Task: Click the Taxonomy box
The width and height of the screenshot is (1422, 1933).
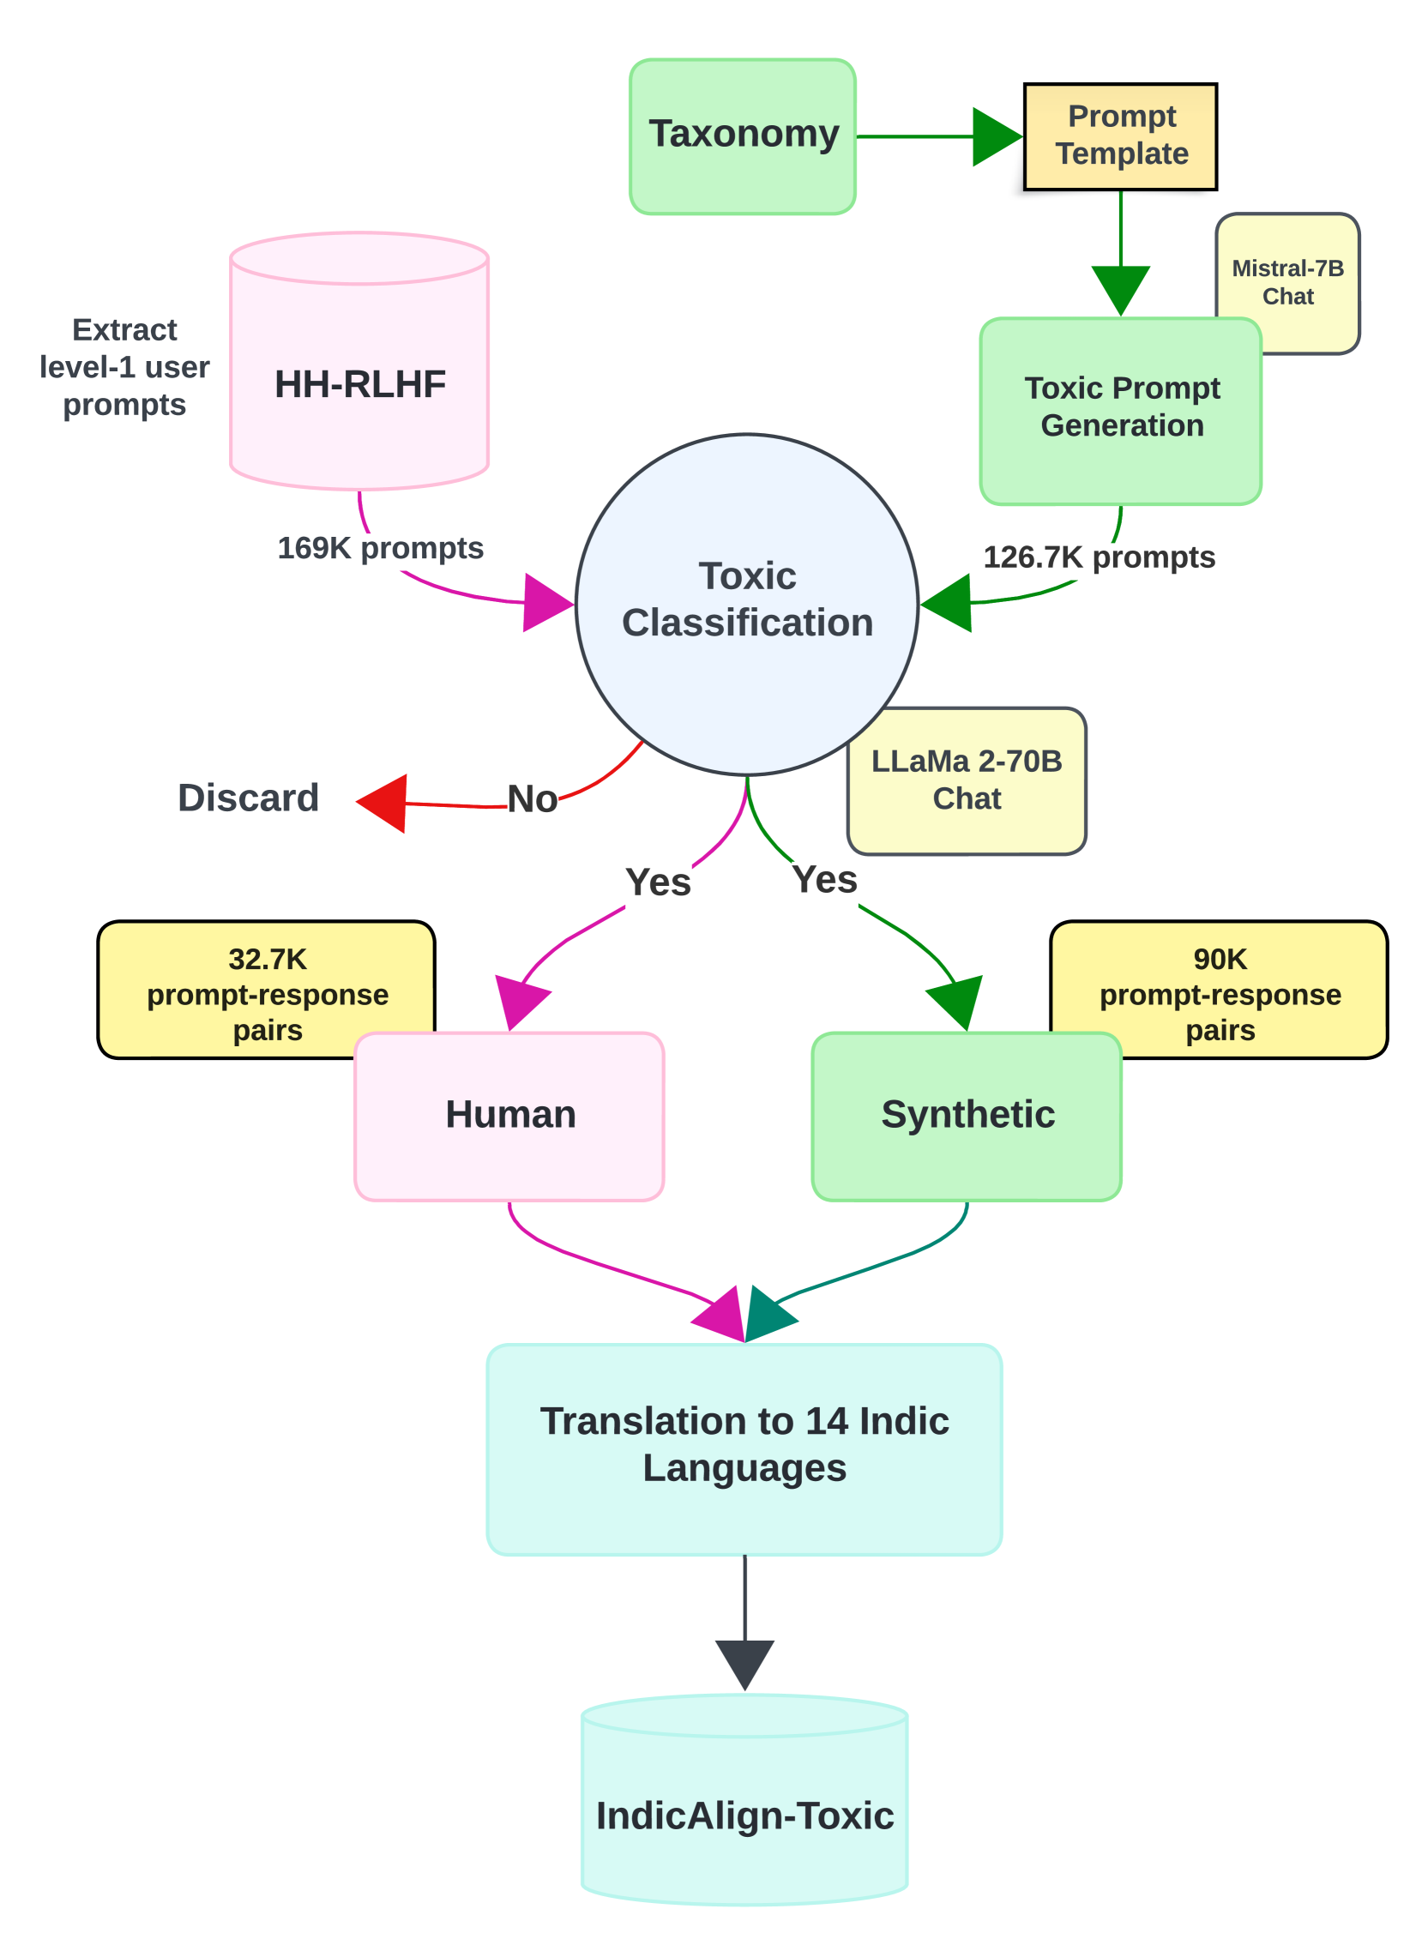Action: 742,136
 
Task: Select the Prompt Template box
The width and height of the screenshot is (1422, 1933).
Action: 1120,136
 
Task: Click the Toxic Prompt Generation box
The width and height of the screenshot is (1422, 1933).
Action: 1121,411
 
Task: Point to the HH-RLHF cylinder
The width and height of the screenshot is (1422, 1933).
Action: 359,360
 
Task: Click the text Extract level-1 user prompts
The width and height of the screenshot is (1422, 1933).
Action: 125,367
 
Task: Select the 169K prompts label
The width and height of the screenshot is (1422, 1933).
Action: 381,547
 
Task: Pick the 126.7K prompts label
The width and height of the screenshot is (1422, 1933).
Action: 1100,557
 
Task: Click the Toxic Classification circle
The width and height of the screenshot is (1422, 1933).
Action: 746,605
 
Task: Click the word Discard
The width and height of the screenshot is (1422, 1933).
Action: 248,798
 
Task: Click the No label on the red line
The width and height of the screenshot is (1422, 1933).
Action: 532,798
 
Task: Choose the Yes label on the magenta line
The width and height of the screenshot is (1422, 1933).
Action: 659,882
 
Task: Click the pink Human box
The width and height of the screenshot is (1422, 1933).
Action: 509,1117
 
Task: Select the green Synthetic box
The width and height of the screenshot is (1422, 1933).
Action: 967,1117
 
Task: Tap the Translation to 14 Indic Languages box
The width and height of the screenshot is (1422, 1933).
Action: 744,1449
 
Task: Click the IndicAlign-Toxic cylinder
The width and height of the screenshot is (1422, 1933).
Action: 744,1798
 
